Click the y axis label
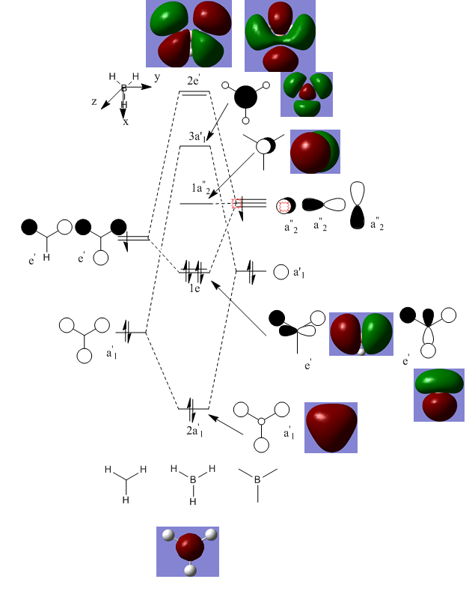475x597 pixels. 157,77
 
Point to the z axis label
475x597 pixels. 94,101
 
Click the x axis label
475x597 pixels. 125,121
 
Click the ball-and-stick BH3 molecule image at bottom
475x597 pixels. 188,551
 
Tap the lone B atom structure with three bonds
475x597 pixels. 257,480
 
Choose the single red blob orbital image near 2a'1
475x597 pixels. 331,427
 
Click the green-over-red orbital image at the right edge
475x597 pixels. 438,394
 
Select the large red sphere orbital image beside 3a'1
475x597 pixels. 315,152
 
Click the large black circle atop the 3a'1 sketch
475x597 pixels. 245,97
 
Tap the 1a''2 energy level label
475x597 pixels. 202,192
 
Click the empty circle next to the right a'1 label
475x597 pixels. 281,273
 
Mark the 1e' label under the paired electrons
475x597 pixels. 194,288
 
